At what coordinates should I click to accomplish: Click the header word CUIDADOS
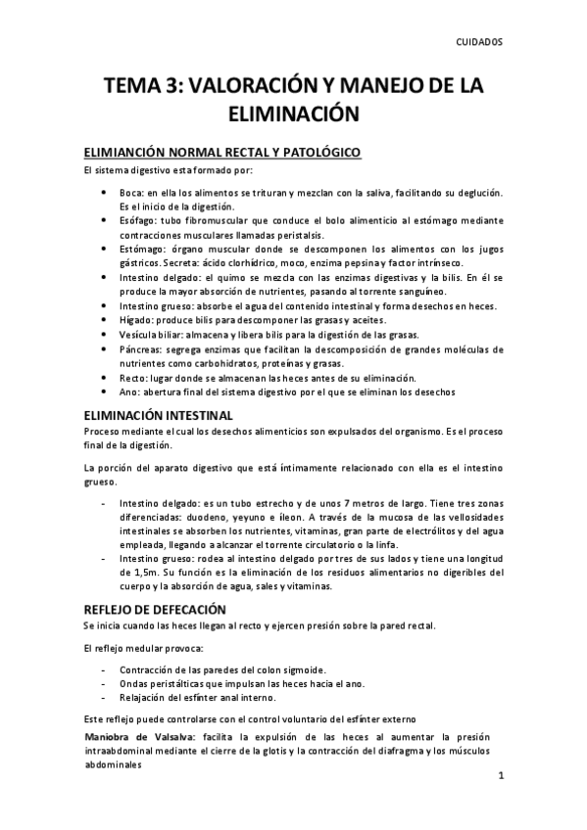pyautogui.click(x=479, y=43)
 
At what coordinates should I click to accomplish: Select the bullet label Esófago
pyautogui.click(x=140, y=221)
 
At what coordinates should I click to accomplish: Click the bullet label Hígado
pyautogui.click(x=138, y=321)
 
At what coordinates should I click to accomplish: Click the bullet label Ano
pyautogui.click(x=130, y=392)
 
